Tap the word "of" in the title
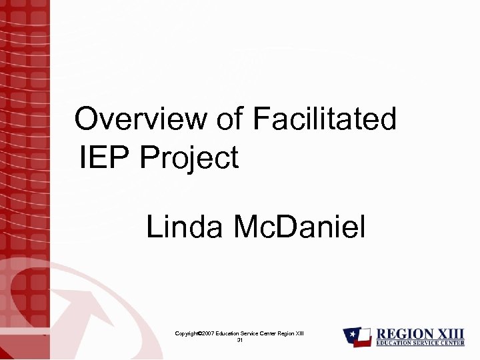[x=231, y=120]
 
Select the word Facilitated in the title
[x=325, y=120]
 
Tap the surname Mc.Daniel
[x=299, y=228]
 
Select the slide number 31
[x=240, y=340]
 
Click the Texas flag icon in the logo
[x=357, y=337]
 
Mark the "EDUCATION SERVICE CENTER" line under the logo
[x=419, y=343]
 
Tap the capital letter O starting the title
[x=85, y=120]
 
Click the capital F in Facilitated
[x=261, y=120]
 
